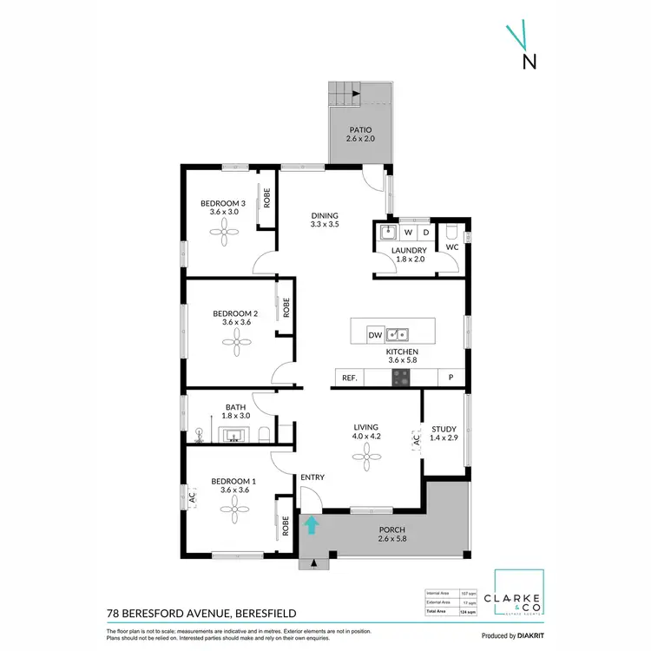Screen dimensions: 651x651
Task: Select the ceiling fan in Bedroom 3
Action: coord(229,229)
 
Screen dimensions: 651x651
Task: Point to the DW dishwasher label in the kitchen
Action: coord(374,334)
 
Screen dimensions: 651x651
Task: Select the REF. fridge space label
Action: coord(350,378)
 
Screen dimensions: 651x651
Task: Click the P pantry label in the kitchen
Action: coord(450,378)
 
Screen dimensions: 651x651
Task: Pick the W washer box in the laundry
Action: coord(407,233)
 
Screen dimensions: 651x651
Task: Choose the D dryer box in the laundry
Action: coord(426,233)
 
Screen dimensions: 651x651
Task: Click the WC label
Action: coord(451,247)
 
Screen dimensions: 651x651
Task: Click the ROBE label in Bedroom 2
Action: coord(285,307)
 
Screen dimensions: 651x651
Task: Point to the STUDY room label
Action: coord(444,428)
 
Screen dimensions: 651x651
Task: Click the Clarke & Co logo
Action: coord(518,599)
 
